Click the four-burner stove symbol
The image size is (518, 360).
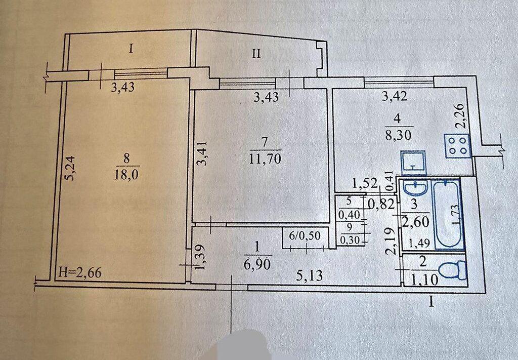457,146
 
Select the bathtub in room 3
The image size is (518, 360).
448,214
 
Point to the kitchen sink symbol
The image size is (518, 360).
413,163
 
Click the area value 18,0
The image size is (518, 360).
126,174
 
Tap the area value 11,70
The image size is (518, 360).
266,159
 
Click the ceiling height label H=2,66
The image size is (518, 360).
79,273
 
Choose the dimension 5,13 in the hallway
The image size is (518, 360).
309,275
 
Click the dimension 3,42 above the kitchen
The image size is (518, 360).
395,97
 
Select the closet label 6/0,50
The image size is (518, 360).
305,236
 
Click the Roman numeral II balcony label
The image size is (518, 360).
256,54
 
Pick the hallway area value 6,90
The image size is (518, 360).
258,264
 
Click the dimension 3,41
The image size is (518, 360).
202,153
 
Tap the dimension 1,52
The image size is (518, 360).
365,183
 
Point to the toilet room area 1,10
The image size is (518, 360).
425,281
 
